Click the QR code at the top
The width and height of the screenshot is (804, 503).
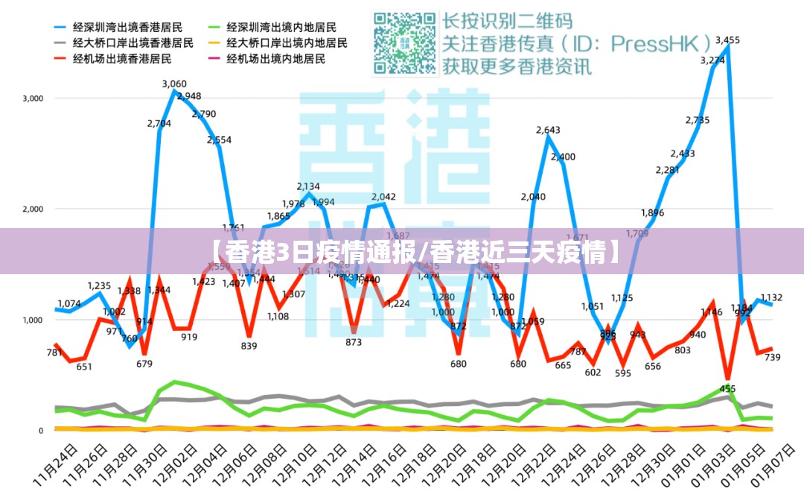[x=405, y=43]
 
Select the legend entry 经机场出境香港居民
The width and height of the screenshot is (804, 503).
[x=122, y=59]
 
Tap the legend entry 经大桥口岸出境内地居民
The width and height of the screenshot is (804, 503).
[x=287, y=42]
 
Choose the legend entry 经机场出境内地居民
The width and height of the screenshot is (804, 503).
[x=276, y=59]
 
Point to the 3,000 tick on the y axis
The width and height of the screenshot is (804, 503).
[x=33, y=98]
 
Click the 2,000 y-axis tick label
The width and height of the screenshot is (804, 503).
[x=33, y=209]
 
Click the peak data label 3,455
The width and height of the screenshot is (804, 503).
[x=727, y=40]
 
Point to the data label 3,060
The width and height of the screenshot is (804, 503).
[x=174, y=84]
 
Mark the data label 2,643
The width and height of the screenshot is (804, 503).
[x=548, y=130]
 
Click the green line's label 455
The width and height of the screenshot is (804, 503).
[x=727, y=389]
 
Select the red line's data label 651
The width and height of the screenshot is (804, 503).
[x=84, y=367]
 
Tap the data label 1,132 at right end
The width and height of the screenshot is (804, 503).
[x=772, y=297]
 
